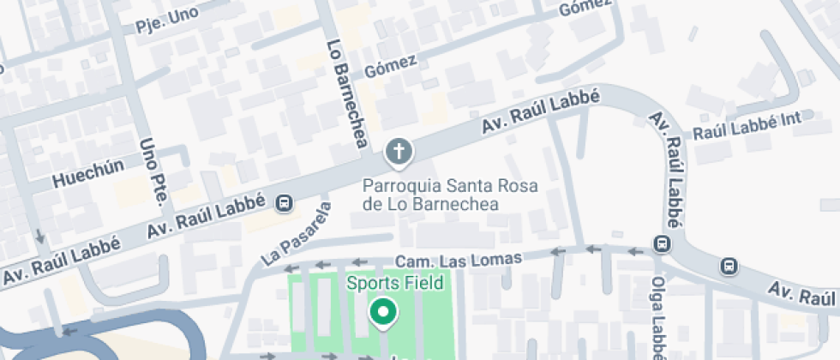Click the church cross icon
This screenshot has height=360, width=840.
pos(398,153)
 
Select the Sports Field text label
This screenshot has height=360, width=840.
pos(394,283)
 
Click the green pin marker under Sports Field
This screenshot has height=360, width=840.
pos(382,313)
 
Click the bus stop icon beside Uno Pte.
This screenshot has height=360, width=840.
pos(284,204)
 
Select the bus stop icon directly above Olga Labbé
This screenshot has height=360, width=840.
pos(661,243)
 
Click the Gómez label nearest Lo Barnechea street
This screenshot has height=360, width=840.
pos(390,65)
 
